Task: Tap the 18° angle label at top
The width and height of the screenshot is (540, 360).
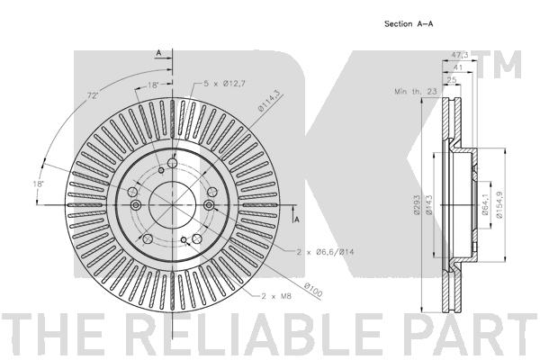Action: [153, 87]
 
